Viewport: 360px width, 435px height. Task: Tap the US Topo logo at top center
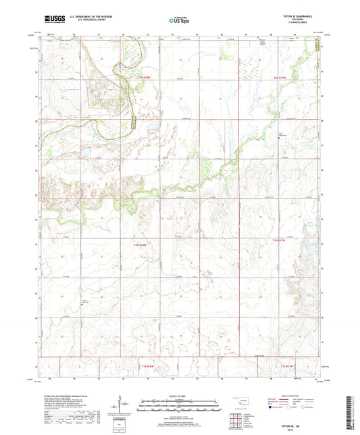[178, 21]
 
